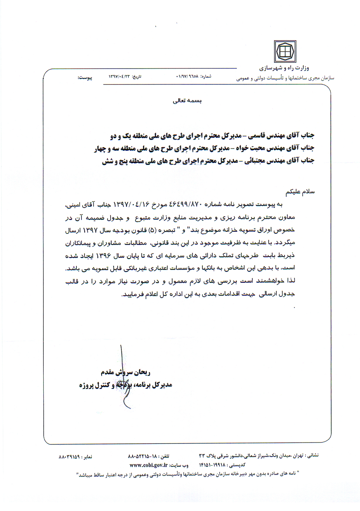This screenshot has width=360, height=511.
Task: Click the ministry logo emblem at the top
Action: pos(285,51)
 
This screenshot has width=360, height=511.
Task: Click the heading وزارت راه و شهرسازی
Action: pos(284,68)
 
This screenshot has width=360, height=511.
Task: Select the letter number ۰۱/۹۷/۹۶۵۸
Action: pos(187,77)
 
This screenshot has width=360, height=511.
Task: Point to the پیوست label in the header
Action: pos(85,77)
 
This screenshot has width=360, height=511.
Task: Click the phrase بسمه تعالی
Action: pos(187,101)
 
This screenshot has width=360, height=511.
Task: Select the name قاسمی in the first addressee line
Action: pos(257,136)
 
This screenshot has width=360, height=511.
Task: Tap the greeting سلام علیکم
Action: pos(300,192)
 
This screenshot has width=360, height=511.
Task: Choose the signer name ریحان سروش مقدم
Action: pos(125,372)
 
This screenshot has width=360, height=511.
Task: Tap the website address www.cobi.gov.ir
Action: pos(148,465)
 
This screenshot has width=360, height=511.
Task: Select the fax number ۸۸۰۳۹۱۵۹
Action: pos(69,457)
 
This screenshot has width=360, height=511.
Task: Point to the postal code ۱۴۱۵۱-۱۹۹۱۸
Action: pos(212,465)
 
